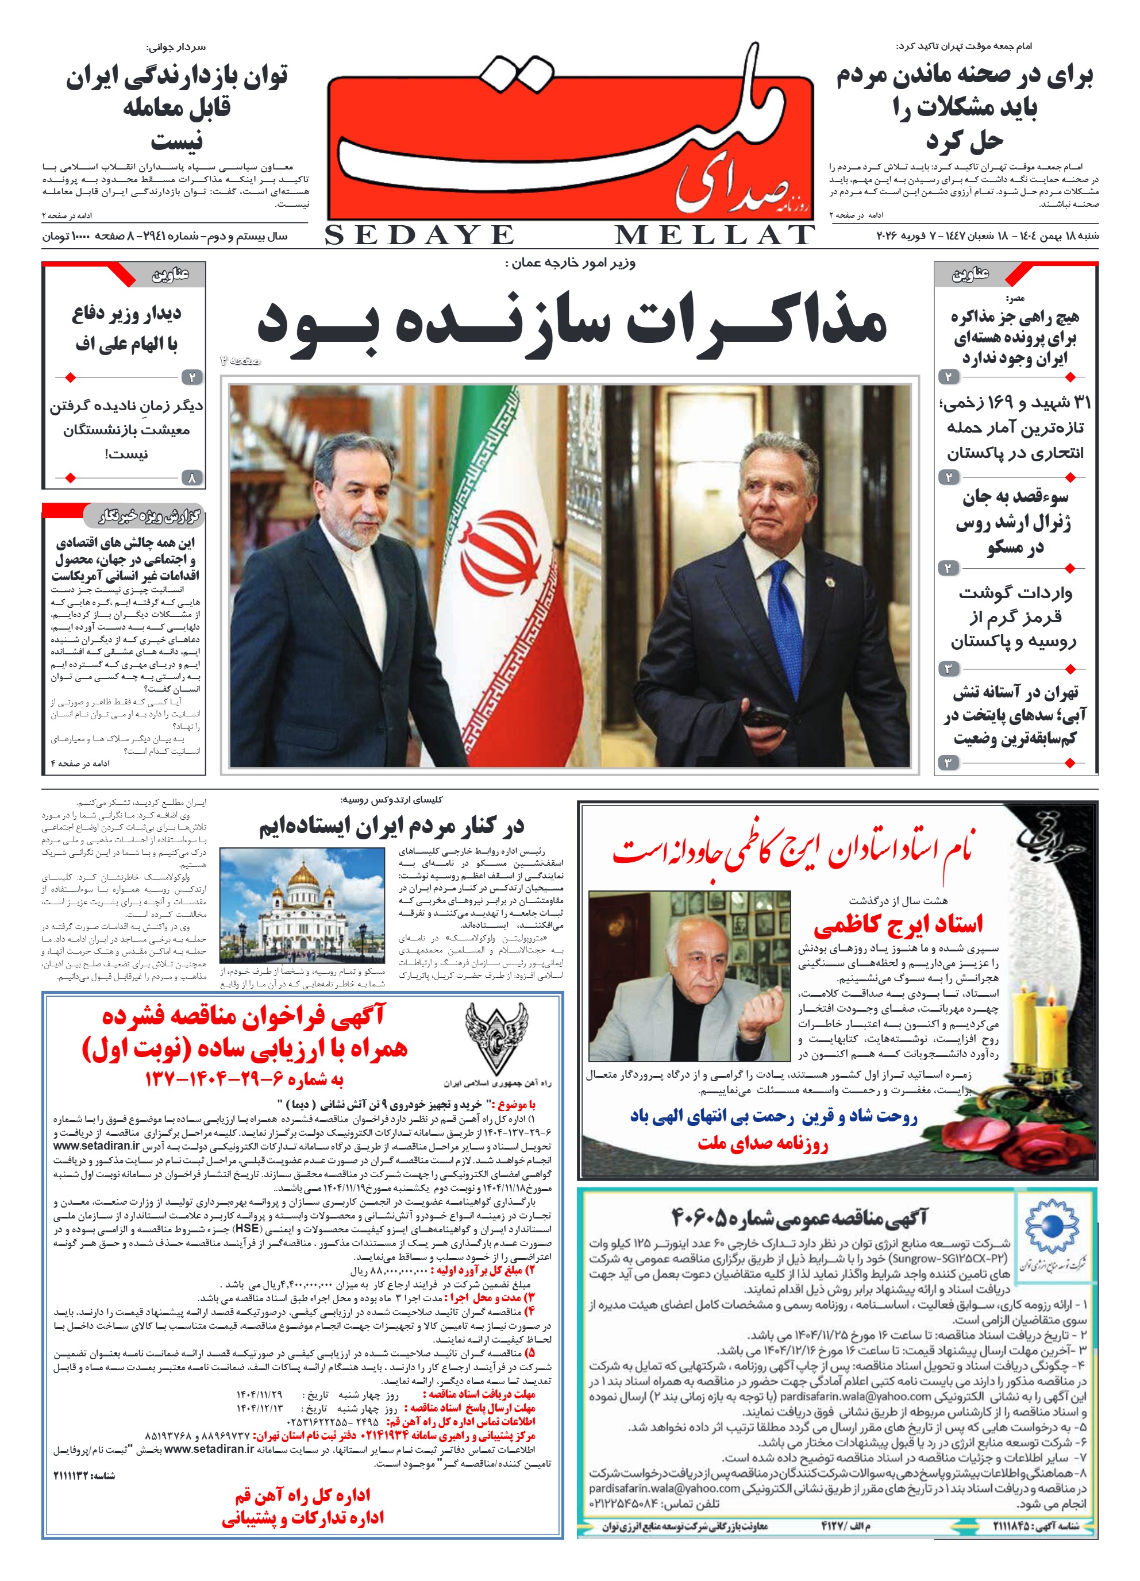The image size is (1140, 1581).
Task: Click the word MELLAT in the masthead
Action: (x=714, y=236)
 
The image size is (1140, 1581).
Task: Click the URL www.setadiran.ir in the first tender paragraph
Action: (x=96, y=1146)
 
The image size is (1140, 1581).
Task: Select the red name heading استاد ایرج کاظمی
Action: (x=898, y=924)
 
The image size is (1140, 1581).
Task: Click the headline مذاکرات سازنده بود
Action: (x=572, y=323)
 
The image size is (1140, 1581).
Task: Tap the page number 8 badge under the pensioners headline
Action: (x=192, y=477)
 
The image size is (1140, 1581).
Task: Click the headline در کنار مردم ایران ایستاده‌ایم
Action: (x=391, y=827)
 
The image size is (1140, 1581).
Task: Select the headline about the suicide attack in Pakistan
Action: (x=1015, y=427)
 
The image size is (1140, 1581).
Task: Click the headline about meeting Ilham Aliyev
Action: (x=126, y=329)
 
